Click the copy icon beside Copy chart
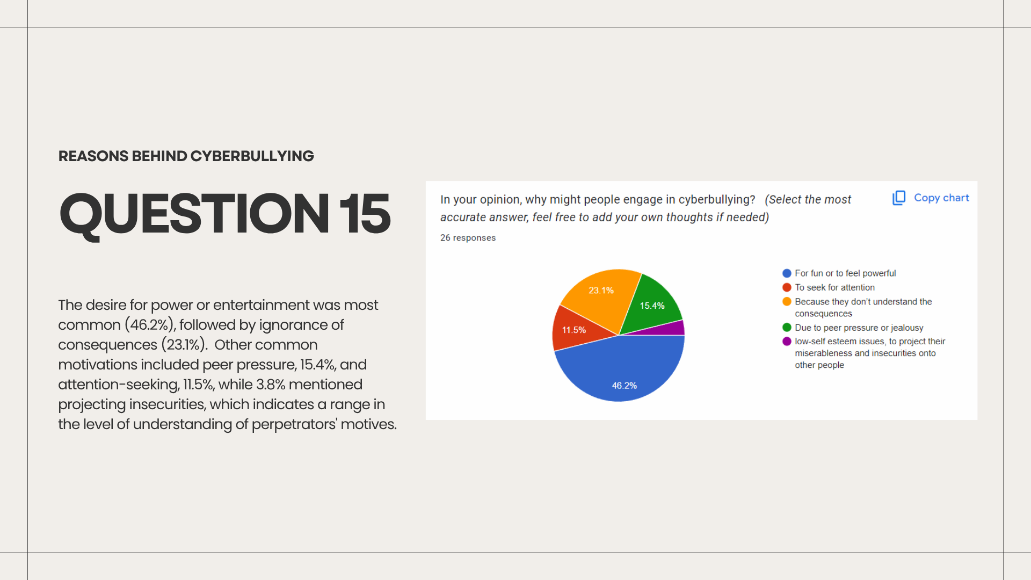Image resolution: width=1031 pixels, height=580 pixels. (x=899, y=198)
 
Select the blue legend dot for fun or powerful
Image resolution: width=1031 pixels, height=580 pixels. (x=787, y=273)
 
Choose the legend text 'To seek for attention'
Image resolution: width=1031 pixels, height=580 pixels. (x=834, y=287)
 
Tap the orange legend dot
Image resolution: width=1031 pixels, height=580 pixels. (x=787, y=301)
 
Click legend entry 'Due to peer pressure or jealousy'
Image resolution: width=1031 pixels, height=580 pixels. (x=859, y=328)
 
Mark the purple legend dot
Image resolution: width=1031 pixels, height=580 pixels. (x=787, y=341)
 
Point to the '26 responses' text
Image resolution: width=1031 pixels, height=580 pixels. (x=468, y=238)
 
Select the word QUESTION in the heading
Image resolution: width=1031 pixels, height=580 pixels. (x=194, y=215)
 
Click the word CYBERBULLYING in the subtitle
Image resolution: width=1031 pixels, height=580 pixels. (x=252, y=156)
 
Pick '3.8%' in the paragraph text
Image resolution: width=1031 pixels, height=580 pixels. (x=271, y=385)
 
